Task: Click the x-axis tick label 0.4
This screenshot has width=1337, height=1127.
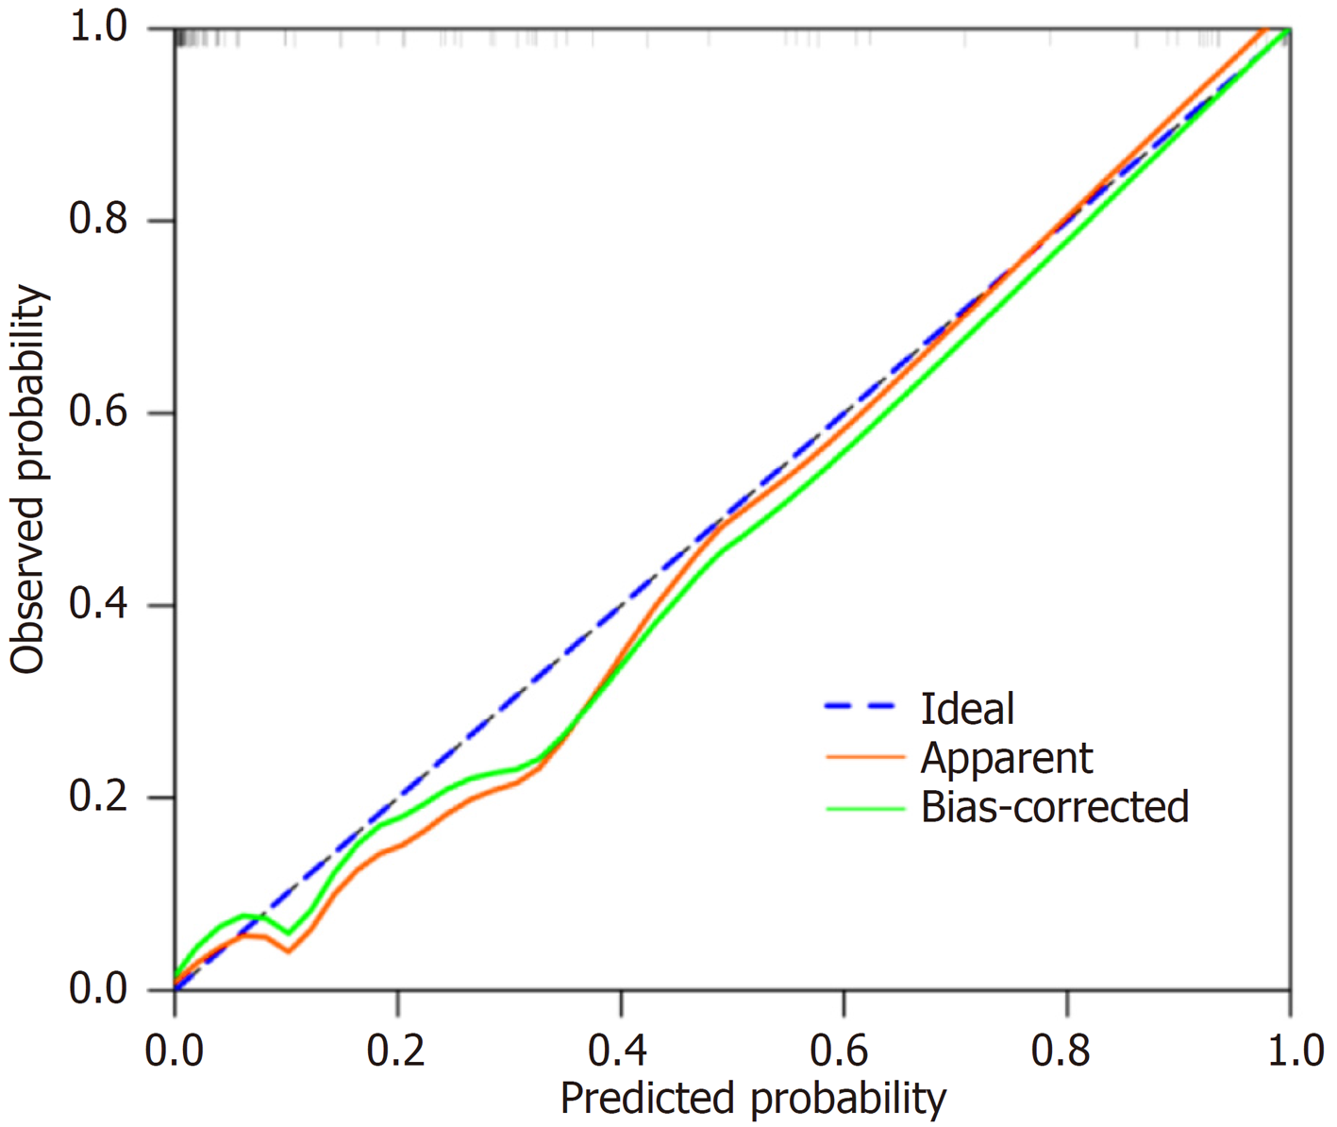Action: click(620, 1050)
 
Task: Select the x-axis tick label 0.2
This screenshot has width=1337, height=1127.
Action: click(397, 1050)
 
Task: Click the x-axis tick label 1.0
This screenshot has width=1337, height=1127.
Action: click(1290, 1050)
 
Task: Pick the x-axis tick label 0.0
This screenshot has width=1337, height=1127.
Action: click(175, 1050)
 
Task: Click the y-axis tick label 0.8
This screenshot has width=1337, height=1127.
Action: click(97, 220)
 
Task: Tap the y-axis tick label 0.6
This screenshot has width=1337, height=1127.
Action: click(97, 412)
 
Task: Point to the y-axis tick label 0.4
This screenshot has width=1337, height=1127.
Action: click(97, 605)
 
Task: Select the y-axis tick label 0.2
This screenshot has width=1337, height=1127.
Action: click(97, 798)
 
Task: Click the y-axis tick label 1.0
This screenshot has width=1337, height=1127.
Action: click(97, 28)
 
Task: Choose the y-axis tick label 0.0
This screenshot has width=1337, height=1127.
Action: click(97, 989)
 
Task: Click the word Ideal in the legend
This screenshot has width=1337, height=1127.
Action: click(967, 709)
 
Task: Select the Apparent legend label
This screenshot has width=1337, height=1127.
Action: click(1006, 758)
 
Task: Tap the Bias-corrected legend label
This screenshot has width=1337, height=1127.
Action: click(1054, 807)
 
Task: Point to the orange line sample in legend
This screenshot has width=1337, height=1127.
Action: click(863, 756)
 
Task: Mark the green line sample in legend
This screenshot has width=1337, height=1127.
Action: click(863, 808)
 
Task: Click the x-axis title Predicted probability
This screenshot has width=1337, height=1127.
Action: click(752, 1099)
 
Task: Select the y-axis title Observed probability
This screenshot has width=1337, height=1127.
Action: click(28, 479)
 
